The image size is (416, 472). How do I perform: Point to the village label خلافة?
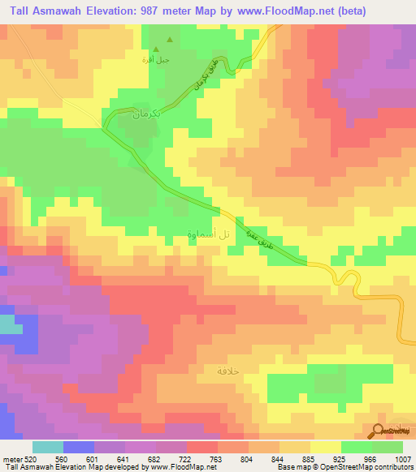coord(232,370)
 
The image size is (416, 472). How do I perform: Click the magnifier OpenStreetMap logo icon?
coord(378,430)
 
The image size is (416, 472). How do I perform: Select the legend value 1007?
coord(403,459)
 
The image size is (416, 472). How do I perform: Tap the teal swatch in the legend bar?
coord(48,447)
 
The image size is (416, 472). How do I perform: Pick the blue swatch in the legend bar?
coord(79,447)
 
